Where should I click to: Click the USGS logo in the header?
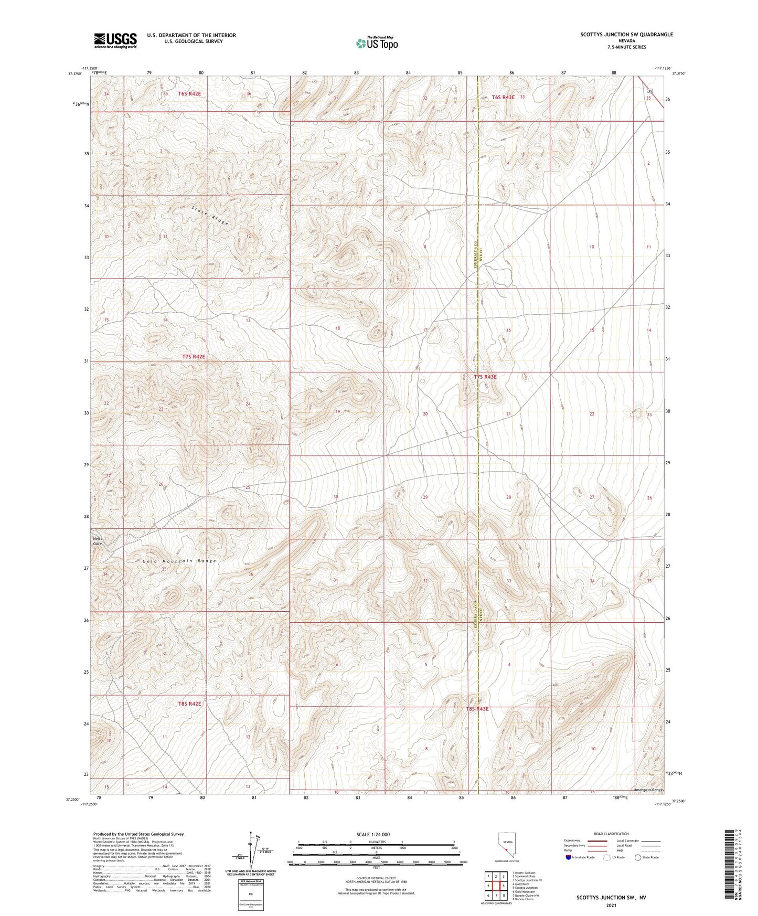[115, 40]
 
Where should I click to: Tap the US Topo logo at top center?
[377, 42]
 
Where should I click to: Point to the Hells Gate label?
[98, 541]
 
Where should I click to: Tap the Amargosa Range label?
[648, 790]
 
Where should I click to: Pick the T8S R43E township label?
[477, 709]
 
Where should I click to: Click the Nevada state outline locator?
[506, 845]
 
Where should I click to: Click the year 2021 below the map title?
[610, 905]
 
